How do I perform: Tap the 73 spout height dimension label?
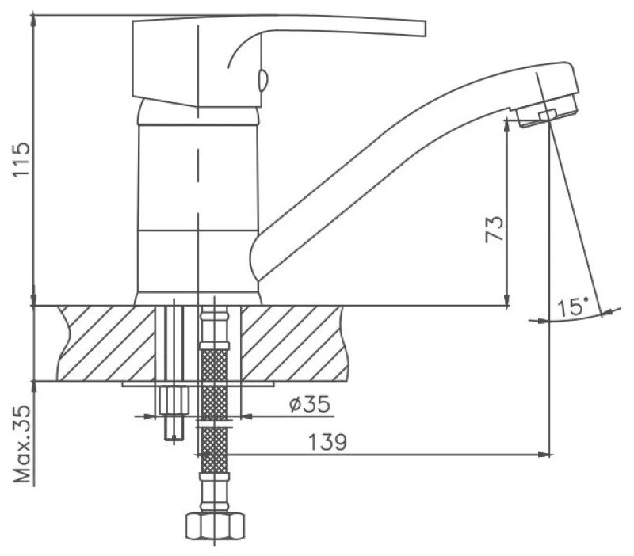coord(495,229)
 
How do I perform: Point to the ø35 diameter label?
coord(310,404)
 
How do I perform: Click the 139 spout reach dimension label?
coord(327,443)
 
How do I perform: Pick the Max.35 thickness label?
coord(22,444)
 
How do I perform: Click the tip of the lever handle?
coord(425,29)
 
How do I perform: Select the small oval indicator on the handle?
coord(262,80)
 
